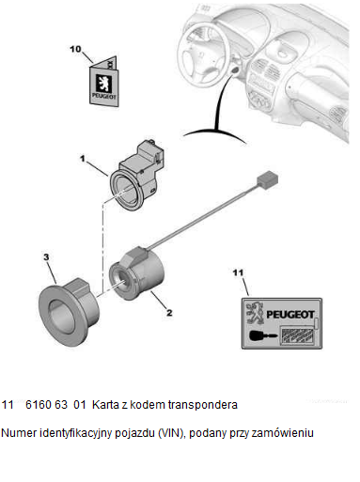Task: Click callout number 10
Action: pos(75,49)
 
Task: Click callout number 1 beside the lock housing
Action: pos(83,159)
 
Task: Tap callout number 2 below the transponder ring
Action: pos(169,313)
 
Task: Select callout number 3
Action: pos(46,257)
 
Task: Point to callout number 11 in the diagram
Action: pos(238,272)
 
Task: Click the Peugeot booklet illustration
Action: pos(103,82)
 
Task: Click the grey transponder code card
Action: pos(282,323)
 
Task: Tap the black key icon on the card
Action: pos(263,335)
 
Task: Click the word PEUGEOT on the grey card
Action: pos(290,314)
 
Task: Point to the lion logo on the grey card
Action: pos(255,312)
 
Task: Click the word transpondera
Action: pos(202,405)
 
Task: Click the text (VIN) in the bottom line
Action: pos(172,433)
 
